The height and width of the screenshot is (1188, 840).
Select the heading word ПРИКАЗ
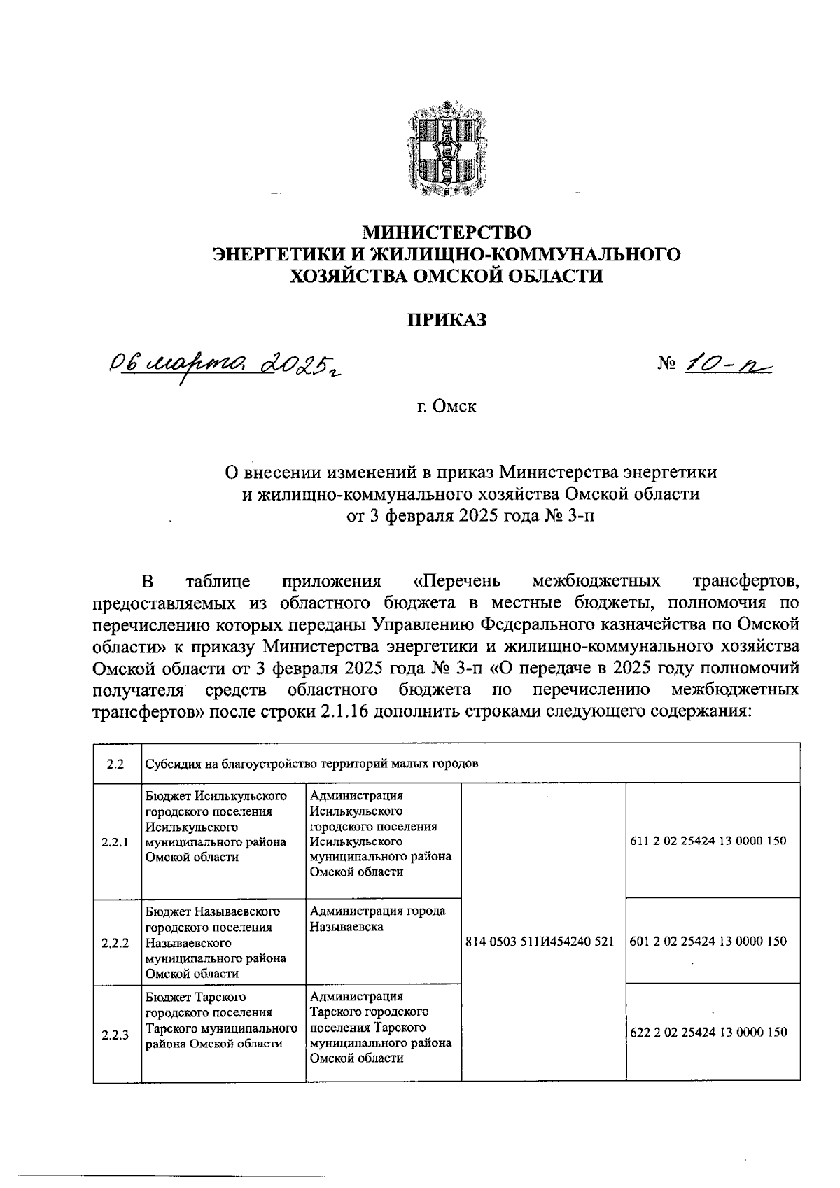(x=447, y=319)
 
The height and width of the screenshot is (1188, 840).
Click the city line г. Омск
(x=447, y=406)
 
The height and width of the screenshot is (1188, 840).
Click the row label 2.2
(x=115, y=764)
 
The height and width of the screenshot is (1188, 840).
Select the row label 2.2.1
(x=115, y=842)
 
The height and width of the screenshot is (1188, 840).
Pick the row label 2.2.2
(x=115, y=942)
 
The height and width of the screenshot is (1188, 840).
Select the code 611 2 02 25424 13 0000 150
(x=708, y=841)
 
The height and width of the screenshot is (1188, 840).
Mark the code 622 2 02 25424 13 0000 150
(x=708, y=1033)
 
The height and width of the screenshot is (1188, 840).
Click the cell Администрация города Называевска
(x=378, y=919)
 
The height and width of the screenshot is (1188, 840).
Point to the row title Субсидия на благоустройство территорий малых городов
(x=311, y=764)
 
